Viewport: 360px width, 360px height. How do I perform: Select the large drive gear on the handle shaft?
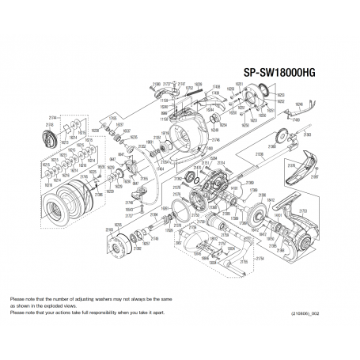(x=260, y=218)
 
